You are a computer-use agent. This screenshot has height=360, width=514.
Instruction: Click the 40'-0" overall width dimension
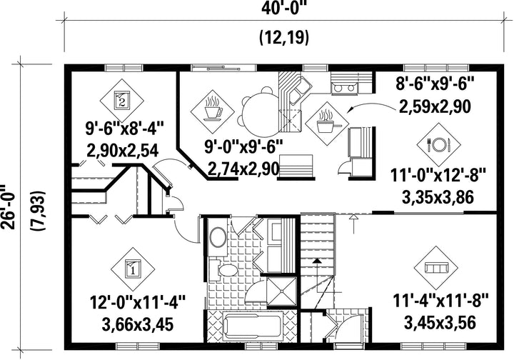[284, 8]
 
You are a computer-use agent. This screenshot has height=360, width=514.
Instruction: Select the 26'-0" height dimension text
[7, 208]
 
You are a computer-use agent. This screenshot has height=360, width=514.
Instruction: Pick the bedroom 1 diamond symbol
[133, 269]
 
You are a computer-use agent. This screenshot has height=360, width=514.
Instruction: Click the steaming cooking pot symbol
[326, 124]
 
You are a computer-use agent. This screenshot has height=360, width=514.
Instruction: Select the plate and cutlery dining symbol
[439, 144]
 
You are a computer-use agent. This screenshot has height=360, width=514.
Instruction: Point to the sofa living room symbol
[436, 268]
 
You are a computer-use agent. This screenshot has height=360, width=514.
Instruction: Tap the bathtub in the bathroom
[253, 326]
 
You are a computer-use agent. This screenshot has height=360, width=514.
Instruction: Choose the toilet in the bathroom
[224, 270]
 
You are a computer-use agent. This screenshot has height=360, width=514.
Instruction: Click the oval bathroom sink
[218, 237]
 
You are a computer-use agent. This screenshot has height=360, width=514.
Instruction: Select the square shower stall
[281, 292]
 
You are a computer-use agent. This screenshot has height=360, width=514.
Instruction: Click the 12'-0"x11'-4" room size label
[138, 301]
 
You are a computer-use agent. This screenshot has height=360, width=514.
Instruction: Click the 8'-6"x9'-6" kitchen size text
[435, 84]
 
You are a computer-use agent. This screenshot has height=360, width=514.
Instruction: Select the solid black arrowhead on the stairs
[316, 261]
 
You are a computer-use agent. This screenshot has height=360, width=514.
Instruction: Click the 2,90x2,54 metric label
[123, 151]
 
